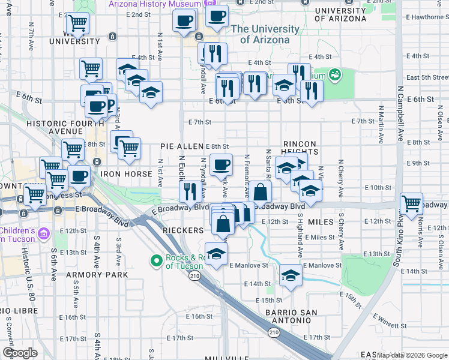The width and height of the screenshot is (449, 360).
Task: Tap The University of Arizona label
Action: click(265, 34)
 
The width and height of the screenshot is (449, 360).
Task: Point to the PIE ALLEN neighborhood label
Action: click(182, 146)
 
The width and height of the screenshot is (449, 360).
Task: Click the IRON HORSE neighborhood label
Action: click(123, 174)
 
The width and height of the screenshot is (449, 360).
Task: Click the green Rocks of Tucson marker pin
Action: click(156, 260)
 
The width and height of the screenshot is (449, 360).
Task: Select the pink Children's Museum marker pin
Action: click(43, 233)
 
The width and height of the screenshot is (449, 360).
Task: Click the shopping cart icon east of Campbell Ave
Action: click(411, 204)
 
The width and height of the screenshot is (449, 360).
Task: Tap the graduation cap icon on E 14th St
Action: click(291, 276)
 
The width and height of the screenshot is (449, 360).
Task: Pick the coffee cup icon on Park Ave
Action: click(221, 164)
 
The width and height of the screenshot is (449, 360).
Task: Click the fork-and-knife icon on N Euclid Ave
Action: click(190, 191)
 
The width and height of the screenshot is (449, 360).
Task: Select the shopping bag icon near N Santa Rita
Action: click(261, 193)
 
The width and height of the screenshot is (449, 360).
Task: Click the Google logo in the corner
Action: click(20, 353)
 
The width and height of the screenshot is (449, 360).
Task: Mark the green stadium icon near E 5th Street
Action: click(335, 74)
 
